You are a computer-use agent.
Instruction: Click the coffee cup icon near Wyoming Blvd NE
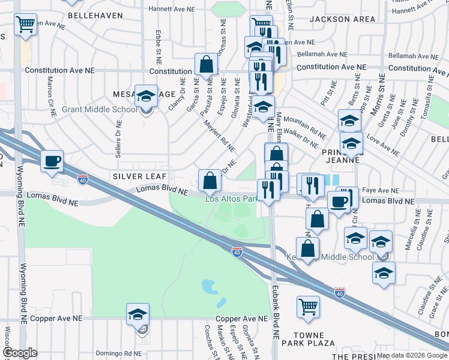click(52, 161)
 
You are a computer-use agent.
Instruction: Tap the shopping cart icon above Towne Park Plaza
click(308, 307)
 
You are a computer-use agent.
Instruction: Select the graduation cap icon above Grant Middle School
click(145, 97)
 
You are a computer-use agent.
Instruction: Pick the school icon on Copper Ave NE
click(137, 314)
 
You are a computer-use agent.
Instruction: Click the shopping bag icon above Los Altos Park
click(209, 179)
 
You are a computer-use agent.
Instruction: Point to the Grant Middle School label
click(100, 109)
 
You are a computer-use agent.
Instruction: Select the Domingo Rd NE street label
click(121, 353)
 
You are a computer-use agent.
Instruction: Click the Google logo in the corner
click(20, 352)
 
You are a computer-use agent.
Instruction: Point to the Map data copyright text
click(411, 355)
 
